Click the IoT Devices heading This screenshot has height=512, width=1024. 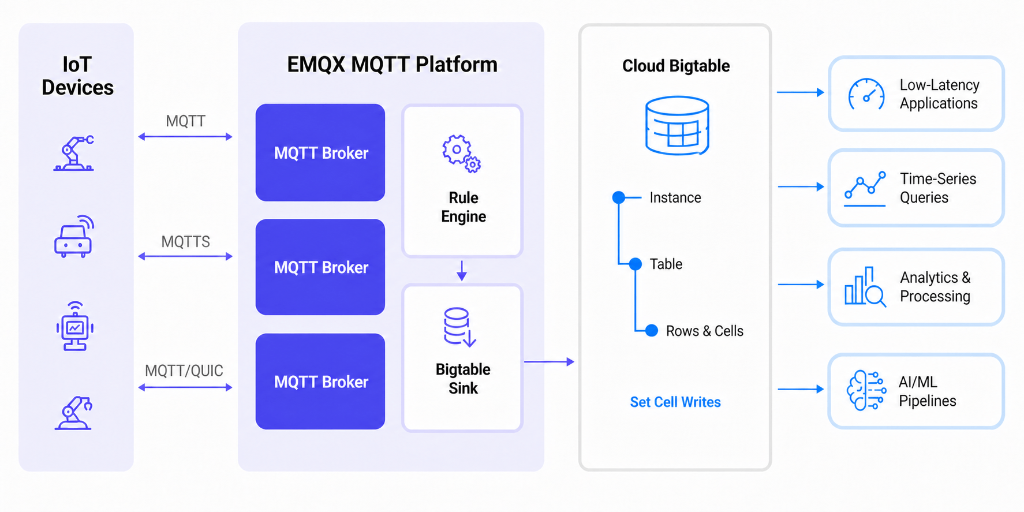[77, 76]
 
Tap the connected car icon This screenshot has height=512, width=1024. [74, 237]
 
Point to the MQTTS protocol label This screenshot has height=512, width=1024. [185, 241]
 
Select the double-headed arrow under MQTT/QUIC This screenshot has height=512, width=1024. [185, 387]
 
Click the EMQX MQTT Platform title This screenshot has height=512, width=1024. [392, 64]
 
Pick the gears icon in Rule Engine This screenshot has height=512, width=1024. [461, 154]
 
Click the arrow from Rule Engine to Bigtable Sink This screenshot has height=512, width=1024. [462, 270]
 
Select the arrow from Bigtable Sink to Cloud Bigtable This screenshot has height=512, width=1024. [549, 362]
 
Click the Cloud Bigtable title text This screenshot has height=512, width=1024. [676, 66]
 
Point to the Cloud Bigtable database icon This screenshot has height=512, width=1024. [677, 125]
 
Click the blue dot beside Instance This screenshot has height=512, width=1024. [619, 197]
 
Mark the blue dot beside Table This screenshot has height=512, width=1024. [635, 264]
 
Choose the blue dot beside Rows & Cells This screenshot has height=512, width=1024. [652, 331]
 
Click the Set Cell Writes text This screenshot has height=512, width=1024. [675, 402]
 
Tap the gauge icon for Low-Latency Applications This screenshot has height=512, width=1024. [866, 94]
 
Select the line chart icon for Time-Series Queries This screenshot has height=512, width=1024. [865, 189]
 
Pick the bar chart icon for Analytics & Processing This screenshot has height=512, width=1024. [865, 286]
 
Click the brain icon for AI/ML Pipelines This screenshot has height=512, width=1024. [866, 391]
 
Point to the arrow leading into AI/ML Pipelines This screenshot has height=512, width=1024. [801, 390]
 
